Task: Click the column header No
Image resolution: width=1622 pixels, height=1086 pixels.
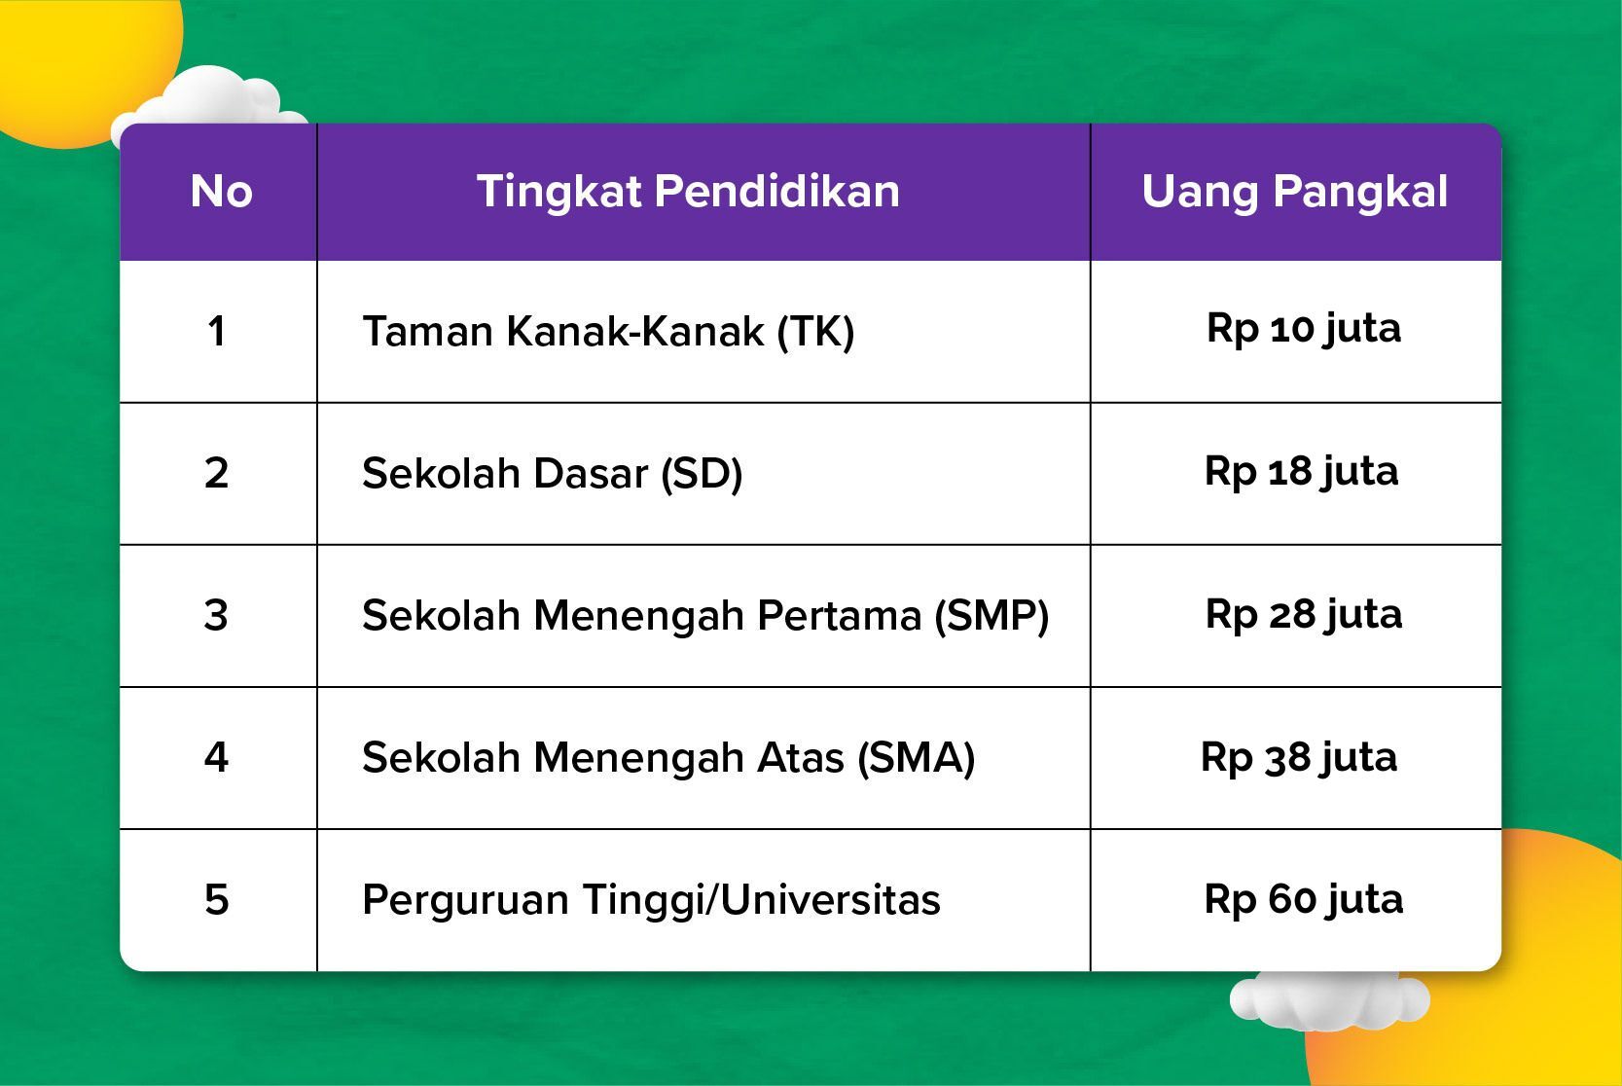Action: click(x=221, y=192)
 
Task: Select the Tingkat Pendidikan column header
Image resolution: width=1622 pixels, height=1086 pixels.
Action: click(x=688, y=193)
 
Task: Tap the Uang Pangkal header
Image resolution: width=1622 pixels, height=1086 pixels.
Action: click(x=1295, y=193)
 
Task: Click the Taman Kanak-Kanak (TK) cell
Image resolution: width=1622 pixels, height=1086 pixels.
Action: click(x=608, y=332)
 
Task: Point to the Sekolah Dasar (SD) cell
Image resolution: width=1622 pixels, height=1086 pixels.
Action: click(x=553, y=474)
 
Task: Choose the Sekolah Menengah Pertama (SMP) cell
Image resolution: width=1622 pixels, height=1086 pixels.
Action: click(x=705, y=616)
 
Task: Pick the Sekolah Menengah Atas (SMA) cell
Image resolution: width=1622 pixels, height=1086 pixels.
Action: click(x=668, y=758)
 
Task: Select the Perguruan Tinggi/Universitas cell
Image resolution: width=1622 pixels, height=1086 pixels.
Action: click(x=651, y=900)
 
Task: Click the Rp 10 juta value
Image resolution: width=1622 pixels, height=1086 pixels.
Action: click(x=1304, y=330)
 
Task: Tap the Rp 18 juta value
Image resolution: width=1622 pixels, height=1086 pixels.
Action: click(x=1301, y=472)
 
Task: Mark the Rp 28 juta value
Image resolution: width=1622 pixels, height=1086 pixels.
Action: click(x=1304, y=615)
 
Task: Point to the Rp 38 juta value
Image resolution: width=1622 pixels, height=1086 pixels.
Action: click(x=1298, y=758)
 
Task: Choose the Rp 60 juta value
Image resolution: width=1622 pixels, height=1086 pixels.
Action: click(x=1304, y=900)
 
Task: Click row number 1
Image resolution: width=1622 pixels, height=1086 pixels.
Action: click(x=216, y=332)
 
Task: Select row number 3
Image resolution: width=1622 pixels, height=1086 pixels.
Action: click(x=216, y=615)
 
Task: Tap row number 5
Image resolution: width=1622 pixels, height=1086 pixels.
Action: click(x=217, y=900)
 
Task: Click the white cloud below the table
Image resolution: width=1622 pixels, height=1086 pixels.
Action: click(x=1329, y=999)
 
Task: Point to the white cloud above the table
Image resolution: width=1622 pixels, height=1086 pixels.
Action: click(x=210, y=97)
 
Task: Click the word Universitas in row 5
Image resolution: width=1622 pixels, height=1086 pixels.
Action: click(x=831, y=900)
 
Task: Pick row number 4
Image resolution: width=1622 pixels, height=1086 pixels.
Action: click(x=216, y=758)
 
